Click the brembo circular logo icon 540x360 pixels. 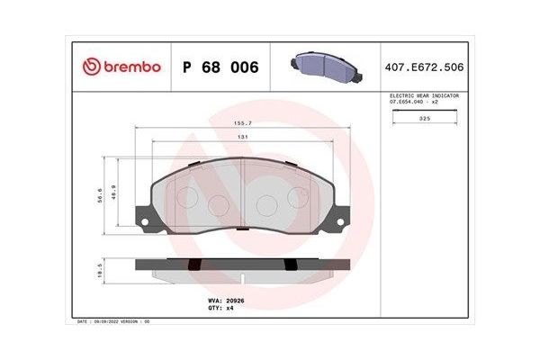(91, 67)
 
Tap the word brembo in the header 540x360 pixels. (130, 67)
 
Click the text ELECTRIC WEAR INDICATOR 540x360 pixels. (423, 95)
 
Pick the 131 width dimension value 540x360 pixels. (241, 136)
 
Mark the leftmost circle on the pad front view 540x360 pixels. (188, 197)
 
